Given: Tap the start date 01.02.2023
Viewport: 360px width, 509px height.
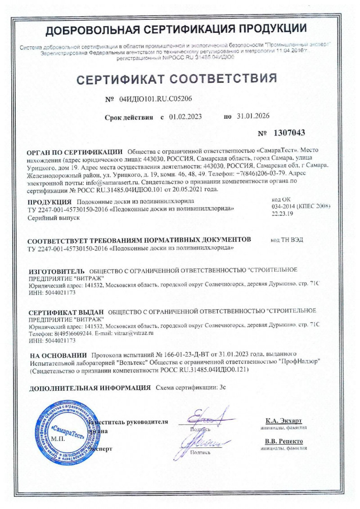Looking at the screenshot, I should (x=185, y=116).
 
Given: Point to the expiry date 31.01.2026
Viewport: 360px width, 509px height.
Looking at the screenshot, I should (x=253, y=116).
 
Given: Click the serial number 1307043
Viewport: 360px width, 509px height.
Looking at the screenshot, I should (x=289, y=133).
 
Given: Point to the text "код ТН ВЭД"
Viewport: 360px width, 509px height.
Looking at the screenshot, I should (x=287, y=239).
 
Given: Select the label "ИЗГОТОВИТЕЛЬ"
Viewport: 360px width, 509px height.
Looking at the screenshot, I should (x=56, y=272).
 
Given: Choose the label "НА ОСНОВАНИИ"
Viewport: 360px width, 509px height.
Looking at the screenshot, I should (x=58, y=355).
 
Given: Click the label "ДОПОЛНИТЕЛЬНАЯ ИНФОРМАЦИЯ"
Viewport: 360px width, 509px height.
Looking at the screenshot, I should (x=90, y=387).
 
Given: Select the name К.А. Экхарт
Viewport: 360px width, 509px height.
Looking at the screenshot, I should (x=283, y=421).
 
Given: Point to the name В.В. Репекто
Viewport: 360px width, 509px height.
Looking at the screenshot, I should (x=284, y=441).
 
